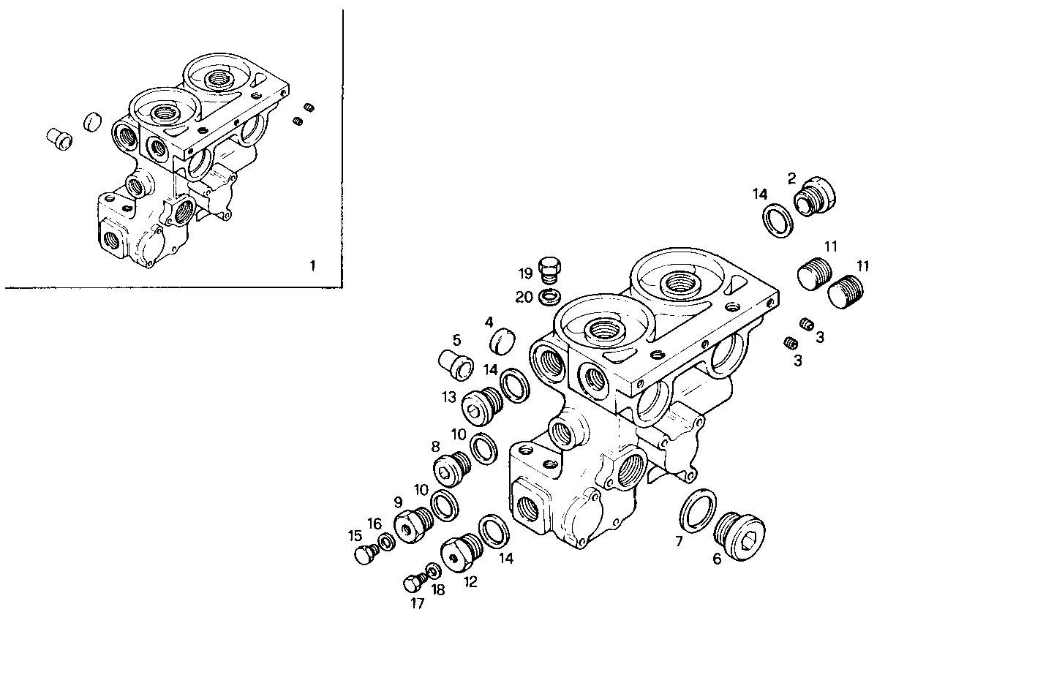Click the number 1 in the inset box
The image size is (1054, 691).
point(312,265)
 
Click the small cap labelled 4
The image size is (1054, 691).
point(502,341)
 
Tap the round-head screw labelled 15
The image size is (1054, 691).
point(364,555)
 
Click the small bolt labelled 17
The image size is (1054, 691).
point(413,583)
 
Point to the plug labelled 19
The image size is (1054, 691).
point(550,269)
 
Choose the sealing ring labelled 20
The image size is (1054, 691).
point(549,297)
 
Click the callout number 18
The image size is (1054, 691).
point(437,589)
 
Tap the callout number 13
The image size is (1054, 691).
point(449,398)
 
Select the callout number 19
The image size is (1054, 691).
point(526,274)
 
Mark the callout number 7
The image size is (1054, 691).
point(678,541)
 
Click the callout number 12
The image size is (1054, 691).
point(470,582)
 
